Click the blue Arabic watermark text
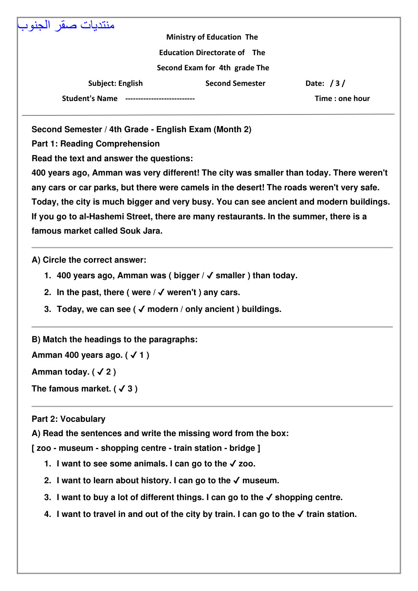[66, 25]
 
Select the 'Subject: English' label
[115, 83]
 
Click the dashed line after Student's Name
[160, 99]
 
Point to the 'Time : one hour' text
[342, 98]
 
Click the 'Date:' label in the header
[315, 83]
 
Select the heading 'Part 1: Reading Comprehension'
[96, 144]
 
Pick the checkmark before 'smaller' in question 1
[210, 276]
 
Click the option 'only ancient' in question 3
[210, 309]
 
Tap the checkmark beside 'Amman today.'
[100, 372]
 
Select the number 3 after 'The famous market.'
[130, 389]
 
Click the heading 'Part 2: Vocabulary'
[69, 419]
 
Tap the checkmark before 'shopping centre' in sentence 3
[269, 498]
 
